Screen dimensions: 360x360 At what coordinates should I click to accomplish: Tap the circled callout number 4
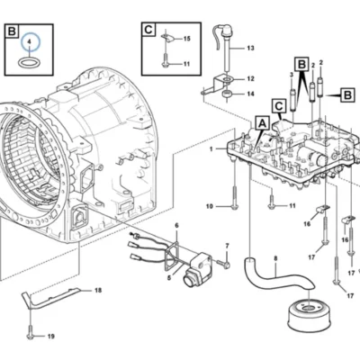coord(29,41)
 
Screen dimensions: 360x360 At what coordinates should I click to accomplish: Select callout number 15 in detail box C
coord(186,39)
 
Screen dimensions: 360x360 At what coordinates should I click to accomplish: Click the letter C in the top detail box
coord(148,30)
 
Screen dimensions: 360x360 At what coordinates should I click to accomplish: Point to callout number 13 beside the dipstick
coord(250,48)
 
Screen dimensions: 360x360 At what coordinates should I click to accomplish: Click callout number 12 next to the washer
coord(250,79)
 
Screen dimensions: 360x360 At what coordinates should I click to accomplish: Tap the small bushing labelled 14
coord(228,94)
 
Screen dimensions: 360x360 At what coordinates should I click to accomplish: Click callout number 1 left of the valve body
coord(211,148)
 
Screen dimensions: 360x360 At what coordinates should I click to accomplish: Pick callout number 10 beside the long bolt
coord(210,206)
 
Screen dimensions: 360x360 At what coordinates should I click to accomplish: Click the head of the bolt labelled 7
coord(227,265)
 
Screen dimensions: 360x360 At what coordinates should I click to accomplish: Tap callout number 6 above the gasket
coord(176,225)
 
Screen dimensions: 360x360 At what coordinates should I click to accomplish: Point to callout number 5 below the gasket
coord(169,278)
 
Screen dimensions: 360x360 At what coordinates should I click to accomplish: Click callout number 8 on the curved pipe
coord(275,257)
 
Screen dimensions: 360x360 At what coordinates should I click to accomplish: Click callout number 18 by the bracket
coord(98,290)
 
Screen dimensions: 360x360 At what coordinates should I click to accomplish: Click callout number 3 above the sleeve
coord(292,75)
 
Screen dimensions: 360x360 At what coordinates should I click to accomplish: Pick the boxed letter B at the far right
coord(347,95)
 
